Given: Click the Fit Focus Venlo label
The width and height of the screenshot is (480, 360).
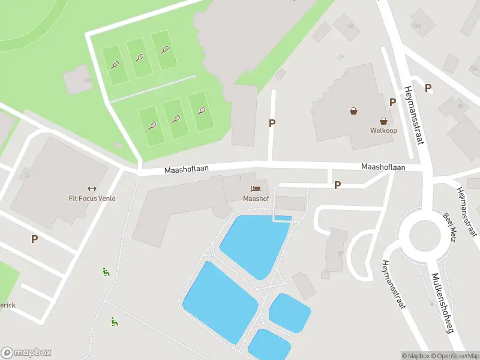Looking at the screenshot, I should click(92, 199).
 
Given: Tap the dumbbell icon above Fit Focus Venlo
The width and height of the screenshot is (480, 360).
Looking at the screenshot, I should click(92, 188).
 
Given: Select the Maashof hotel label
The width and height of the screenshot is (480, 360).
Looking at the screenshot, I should click(256, 199).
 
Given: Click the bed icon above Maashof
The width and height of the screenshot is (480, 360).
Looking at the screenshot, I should click(256, 188).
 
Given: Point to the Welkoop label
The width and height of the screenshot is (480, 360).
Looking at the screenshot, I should click(383, 130).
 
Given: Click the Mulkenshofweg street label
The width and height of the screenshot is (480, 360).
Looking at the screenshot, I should click(443, 303).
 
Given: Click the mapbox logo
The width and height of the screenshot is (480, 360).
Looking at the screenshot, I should click(26, 353).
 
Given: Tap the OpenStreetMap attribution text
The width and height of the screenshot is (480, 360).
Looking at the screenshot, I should click(454, 356).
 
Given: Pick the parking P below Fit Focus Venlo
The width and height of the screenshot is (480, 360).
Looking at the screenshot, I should click(34, 239).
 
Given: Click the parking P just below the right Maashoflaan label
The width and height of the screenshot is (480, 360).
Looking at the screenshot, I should click(338, 185).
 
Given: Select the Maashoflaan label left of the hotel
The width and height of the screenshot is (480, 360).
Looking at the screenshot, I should click(187, 170).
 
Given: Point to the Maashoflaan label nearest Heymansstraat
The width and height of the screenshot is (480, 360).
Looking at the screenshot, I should click(383, 167).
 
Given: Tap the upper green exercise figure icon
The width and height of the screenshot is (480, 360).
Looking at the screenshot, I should click(106, 272).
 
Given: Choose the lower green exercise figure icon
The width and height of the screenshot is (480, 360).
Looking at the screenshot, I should click(114, 322).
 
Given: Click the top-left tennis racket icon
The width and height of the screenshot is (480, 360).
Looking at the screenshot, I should click(115, 65).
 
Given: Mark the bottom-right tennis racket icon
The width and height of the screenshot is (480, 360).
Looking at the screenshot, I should click(201, 111).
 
